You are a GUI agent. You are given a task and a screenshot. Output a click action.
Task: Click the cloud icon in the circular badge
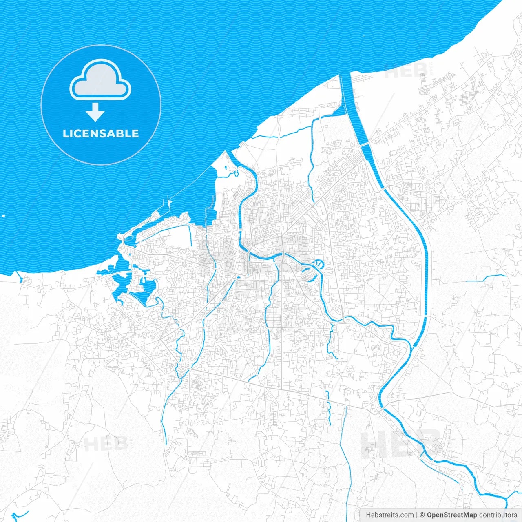[x=100, y=80]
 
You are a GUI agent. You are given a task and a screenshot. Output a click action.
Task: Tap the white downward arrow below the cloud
[x=95, y=113]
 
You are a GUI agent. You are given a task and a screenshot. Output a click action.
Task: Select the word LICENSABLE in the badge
[x=101, y=133]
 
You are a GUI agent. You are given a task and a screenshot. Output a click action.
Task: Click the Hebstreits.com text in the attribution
[x=389, y=515]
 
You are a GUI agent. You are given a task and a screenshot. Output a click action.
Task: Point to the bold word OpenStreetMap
[x=451, y=515]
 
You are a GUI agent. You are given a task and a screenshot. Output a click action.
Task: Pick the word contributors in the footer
[x=498, y=515]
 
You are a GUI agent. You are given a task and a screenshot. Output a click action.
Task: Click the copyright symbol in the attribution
[x=422, y=515]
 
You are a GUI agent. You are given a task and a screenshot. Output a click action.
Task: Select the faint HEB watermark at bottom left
[x=105, y=444]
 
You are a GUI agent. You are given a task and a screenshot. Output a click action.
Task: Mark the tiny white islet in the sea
[x=3, y=216]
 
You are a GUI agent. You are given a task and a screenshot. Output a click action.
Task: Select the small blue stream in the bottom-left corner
[x=18, y=515]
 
